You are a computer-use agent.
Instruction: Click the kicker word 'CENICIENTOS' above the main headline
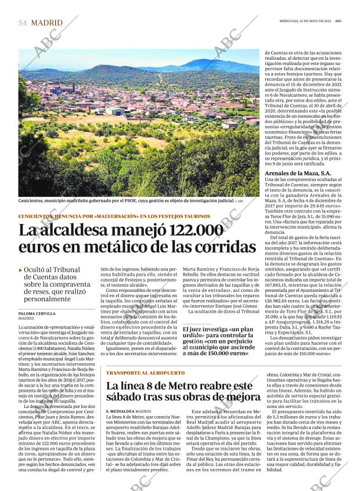tap(38, 216)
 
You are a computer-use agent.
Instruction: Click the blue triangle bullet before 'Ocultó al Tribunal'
tap(21, 269)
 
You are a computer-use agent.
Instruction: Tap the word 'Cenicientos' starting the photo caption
tap(34, 201)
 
